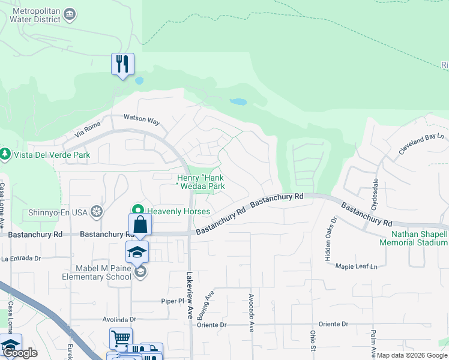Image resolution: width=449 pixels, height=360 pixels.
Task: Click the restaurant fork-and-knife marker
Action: tap(122, 64)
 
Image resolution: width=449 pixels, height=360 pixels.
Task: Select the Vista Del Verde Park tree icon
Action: tap(5, 155)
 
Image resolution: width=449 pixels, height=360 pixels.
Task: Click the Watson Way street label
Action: tap(141, 119)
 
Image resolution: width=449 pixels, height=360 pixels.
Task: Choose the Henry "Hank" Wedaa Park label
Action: tap(200, 182)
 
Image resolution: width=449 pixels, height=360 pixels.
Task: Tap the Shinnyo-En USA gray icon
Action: tap(97, 212)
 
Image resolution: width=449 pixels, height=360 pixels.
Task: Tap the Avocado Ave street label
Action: tap(251, 306)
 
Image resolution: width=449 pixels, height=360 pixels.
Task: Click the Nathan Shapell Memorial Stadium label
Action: tap(413, 238)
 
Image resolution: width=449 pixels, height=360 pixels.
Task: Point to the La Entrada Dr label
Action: tap(20, 259)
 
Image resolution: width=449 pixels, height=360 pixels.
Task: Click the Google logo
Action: tap(20, 353)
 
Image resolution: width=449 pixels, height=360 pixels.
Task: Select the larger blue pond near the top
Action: tap(238, 102)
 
